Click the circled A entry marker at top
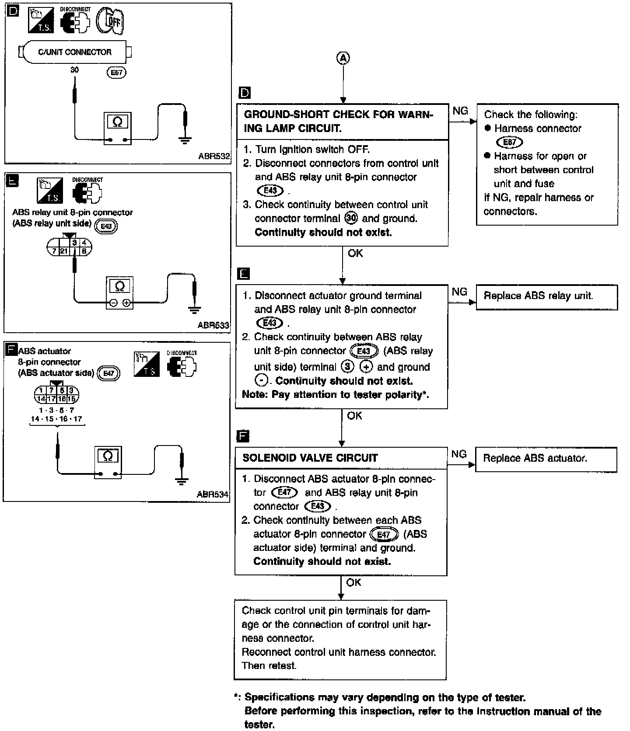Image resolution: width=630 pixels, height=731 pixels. (x=343, y=58)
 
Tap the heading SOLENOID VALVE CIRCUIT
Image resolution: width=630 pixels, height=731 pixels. (x=310, y=458)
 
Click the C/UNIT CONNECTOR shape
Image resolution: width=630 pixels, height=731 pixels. (x=75, y=52)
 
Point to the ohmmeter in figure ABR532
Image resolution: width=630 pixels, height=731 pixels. (x=118, y=128)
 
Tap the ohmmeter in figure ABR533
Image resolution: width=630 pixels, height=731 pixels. (x=119, y=292)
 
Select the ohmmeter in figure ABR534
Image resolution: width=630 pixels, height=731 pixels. (x=108, y=462)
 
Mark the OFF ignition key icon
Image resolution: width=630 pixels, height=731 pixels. (x=110, y=20)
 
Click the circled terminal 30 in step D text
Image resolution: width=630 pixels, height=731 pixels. (x=351, y=218)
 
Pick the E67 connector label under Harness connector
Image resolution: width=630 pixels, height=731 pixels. (x=510, y=143)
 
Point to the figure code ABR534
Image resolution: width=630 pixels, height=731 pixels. (x=213, y=494)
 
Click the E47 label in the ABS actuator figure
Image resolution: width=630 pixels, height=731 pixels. (x=108, y=373)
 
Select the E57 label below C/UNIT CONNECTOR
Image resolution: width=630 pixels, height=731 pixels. (x=116, y=72)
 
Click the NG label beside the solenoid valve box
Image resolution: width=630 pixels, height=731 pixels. (x=458, y=454)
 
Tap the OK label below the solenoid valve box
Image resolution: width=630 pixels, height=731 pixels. (x=353, y=582)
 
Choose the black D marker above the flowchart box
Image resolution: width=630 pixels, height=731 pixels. (x=245, y=93)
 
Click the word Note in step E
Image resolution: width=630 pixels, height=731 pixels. (x=254, y=395)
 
